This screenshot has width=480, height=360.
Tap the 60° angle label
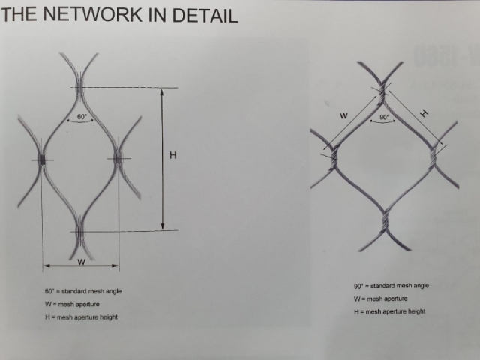(x=82, y=116)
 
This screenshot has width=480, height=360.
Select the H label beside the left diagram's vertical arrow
(x=172, y=155)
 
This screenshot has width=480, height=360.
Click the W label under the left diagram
(x=81, y=262)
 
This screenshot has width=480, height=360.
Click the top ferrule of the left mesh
(x=79, y=88)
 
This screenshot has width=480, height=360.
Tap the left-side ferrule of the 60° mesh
(x=42, y=160)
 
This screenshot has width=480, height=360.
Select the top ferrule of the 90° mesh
(x=382, y=91)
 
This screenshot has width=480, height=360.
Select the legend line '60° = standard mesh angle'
(x=82, y=290)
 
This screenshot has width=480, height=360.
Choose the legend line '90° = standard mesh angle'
(x=391, y=286)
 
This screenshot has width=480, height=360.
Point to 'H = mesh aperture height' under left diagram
(x=81, y=317)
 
